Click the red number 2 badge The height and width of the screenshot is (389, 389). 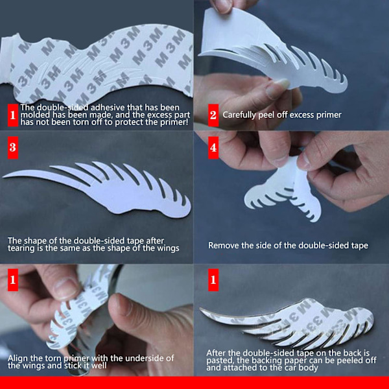point(213,115)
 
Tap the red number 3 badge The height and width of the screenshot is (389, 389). point(13,147)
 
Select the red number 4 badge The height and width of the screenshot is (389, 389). point(213,148)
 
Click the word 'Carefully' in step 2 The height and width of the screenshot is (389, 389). point(239,115)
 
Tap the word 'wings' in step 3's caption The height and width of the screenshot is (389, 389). point(168,248)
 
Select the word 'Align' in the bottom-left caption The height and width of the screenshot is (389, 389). point(17,359)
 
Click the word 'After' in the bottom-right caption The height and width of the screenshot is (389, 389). point(216,353)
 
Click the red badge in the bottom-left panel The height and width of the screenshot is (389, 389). point(13,280)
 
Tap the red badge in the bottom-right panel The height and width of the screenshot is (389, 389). point(213,280)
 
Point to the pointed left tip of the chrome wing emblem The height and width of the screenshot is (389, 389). point(201,309)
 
